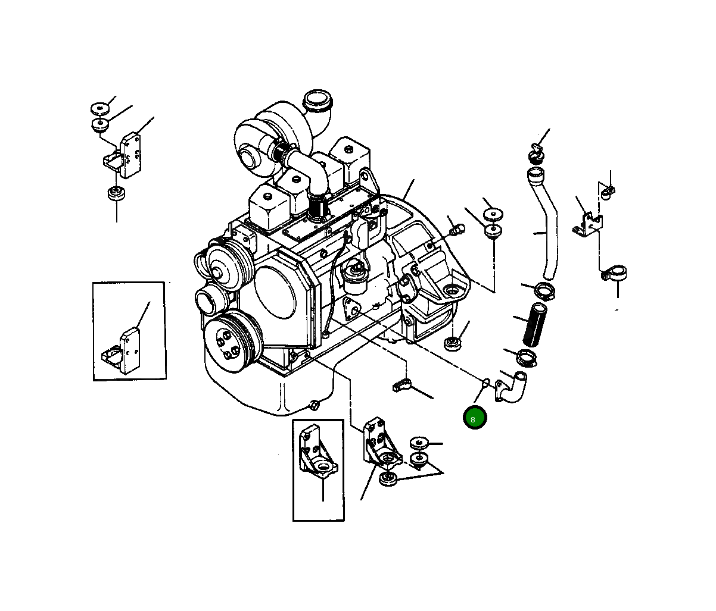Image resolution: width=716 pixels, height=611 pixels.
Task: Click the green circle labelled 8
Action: [475, 418]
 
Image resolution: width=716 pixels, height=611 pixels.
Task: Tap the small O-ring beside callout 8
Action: [485, 381]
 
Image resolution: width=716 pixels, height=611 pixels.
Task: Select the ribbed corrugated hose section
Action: [534, 324]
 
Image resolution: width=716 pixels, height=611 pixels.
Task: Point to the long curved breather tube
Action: [546, 226]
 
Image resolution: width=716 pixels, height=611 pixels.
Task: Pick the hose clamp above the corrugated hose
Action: [544, 292]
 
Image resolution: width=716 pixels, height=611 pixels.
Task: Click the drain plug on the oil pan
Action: [313, 406]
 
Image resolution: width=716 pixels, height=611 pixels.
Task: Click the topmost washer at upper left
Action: [101, 109]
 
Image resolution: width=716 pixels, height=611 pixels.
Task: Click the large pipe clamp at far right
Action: [614, 274]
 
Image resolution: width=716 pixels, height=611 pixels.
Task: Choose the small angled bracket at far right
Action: [587, 224]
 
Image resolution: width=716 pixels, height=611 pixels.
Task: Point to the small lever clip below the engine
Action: [403, 386]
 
